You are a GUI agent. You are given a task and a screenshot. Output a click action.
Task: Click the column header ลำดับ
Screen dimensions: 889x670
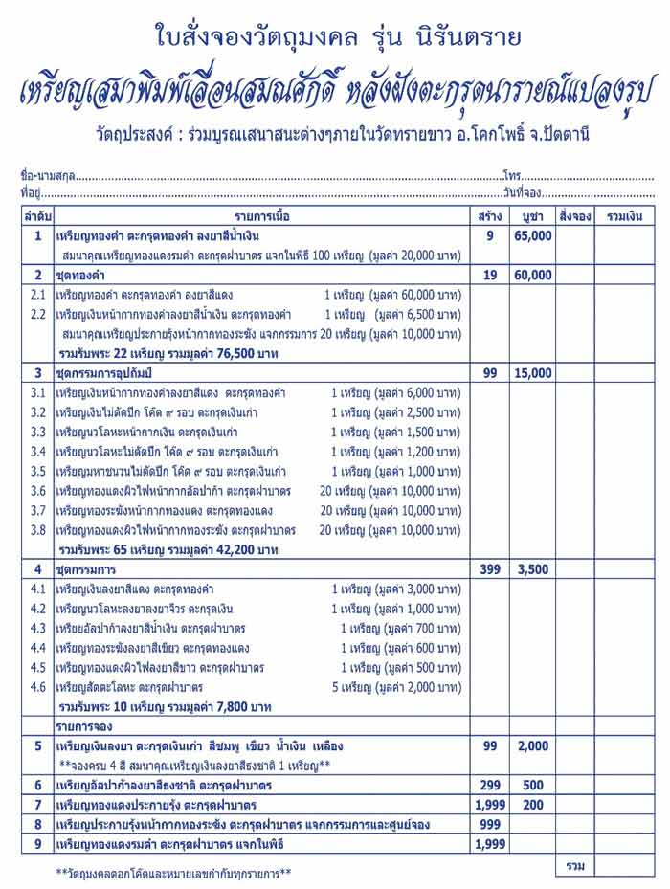point(37,216)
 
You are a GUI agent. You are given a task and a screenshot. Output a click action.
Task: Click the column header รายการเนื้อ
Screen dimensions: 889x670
point(261,216)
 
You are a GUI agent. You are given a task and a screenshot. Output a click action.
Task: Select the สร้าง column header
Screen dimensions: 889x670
point(489,216)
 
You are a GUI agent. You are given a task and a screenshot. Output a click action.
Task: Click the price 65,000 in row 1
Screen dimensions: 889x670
point(532,235)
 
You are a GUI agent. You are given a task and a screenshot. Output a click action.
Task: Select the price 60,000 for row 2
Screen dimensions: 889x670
point(532,275)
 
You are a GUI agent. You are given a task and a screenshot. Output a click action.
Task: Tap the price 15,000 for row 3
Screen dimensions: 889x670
point(532,373)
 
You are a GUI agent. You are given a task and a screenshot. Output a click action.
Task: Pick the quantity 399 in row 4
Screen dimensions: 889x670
point(489,569)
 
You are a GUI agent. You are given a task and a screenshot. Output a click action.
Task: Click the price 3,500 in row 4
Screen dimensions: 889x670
point(532,569)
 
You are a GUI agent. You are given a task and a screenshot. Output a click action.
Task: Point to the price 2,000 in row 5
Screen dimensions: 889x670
point(532,745)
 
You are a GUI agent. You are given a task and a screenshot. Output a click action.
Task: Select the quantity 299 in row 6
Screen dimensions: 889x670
point(489,785)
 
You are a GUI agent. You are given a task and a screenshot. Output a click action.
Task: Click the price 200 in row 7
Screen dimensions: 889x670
point(532,805)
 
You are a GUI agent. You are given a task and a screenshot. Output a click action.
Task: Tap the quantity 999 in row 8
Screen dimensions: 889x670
point(489,824)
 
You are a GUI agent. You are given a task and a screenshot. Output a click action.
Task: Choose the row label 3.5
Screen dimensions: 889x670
point(37,471)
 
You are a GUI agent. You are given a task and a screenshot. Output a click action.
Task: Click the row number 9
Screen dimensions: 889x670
point(37,843)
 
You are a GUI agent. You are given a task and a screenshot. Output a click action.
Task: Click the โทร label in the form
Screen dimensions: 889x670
point(509,177)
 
